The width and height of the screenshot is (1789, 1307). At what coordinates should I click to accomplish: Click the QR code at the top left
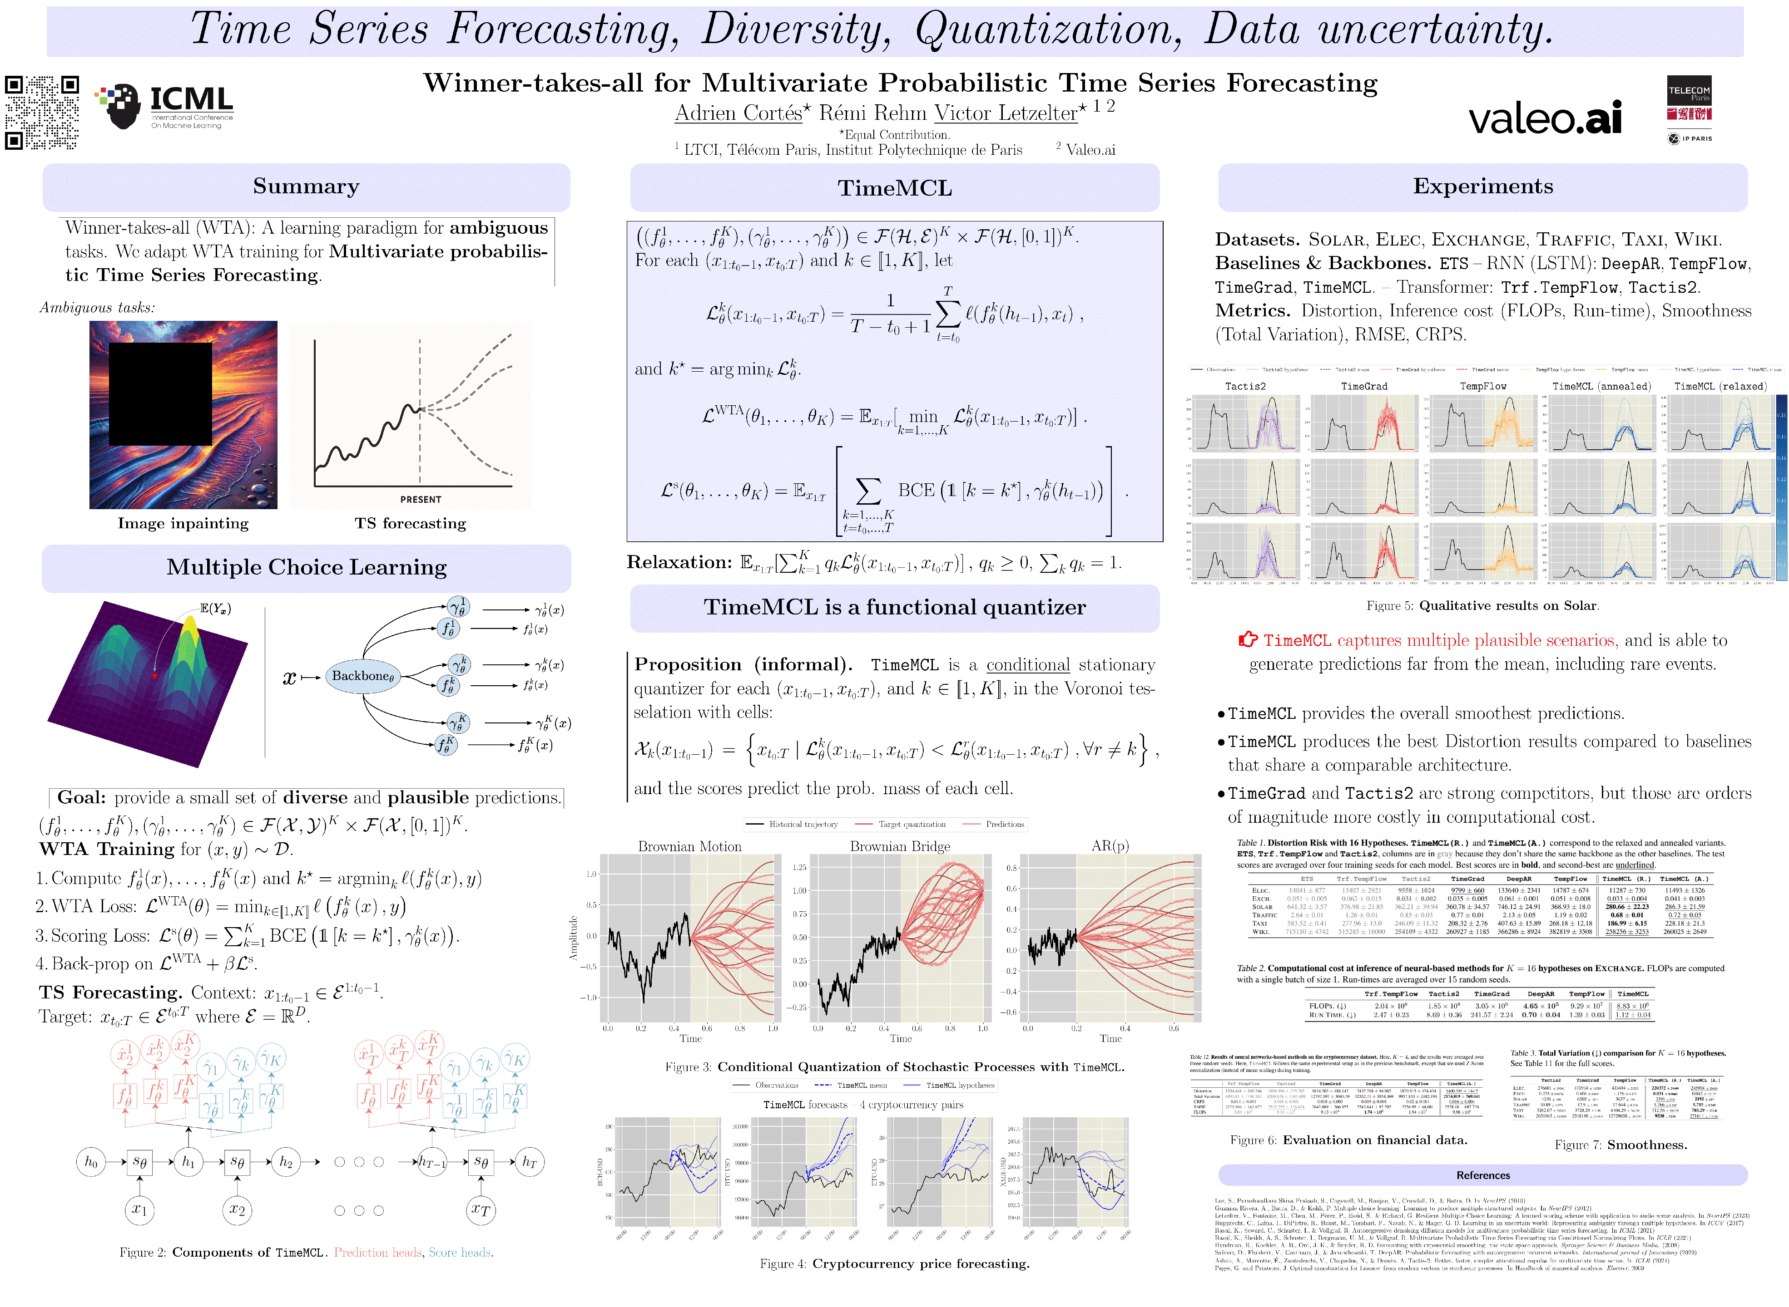[x=42, y=113]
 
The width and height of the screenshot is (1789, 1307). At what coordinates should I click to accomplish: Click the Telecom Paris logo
[x=1689, y=109]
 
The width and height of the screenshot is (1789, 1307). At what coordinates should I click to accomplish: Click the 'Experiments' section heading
[x=1482, y=187]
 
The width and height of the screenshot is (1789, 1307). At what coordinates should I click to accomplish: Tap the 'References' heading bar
[x=1482, y=1175]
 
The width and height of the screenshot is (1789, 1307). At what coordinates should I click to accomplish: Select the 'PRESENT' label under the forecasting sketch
[x=420, y=499]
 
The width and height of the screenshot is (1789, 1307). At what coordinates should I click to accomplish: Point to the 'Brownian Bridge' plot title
[x=900, y=846]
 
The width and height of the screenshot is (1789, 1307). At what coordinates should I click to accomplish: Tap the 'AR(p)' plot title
[x=1110, y=846]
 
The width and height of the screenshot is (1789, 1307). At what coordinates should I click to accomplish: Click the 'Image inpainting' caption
[x=183, y=523]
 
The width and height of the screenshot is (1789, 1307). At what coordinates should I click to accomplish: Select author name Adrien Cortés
[x=738, y=113]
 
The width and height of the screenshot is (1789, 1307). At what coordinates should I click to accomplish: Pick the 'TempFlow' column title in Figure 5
[x=1482, y=386]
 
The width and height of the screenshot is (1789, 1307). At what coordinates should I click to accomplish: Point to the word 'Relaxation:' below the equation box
[x=679, y=563]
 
